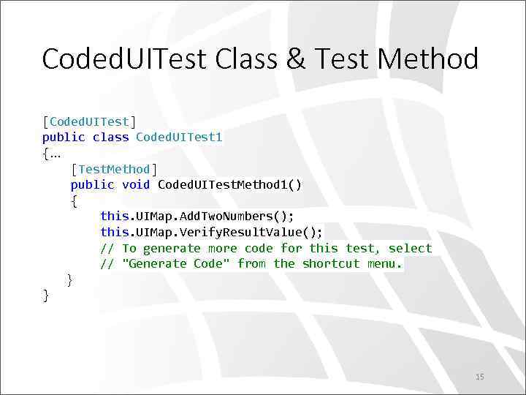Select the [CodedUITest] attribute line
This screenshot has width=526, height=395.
pos(89,121)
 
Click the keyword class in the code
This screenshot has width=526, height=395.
pos(111,137)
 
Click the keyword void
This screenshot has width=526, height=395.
pos(136,184)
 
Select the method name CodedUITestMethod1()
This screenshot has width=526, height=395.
pos(229,184)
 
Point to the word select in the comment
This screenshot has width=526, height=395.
pos(411,248)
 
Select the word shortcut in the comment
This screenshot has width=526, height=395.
pos(331,263)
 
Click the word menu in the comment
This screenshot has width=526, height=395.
pos(384,263)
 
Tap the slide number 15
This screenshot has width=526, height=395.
pos(479,377)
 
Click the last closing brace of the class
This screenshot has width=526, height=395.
pos(46,295)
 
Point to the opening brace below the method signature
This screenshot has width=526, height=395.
pos(74,200)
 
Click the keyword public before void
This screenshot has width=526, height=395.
pos(93,184)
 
